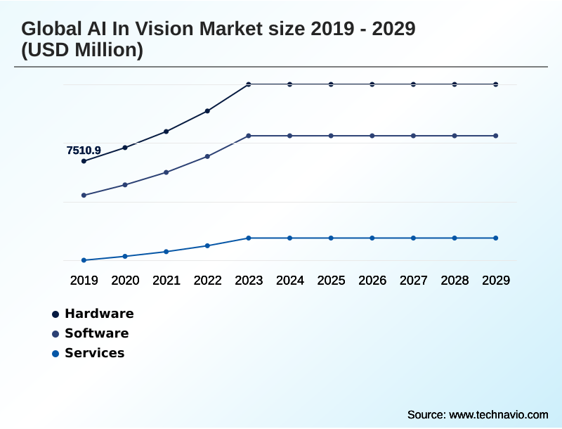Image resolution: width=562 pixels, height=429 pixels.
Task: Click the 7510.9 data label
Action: click(x=84, y=151)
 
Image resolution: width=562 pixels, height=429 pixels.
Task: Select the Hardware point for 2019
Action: click(x=84, y=161)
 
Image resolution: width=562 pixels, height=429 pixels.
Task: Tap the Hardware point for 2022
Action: click(x=207, y=111)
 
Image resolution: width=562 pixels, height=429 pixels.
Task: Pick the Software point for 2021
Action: click(x=166, y=172)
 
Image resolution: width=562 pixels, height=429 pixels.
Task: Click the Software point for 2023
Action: click(x=249, y=136)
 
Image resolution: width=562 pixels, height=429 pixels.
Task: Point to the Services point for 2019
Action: click(x=84, y=260)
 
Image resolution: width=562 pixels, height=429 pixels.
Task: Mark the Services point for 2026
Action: click(x=372, y=238)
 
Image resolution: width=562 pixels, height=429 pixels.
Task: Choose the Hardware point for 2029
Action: click(x=496, y=84)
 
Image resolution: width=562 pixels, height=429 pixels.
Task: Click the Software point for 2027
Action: click(x=414, y=136)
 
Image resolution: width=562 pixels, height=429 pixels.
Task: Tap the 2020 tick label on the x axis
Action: click(x=125, y=281)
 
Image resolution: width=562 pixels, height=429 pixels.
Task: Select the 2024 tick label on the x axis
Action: click(x=290, y=281)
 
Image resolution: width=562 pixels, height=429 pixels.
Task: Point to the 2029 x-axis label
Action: click(x=496, y=281)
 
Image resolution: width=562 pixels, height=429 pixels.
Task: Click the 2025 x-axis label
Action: click(x=331, y=281)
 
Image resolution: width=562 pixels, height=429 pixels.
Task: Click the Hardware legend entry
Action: click(x=99, y=314)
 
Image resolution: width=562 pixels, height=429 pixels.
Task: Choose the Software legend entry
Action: click(x=96, y=333)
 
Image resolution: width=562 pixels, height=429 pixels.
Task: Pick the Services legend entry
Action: click(x=94, y=353)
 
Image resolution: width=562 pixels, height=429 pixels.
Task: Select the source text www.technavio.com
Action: click(x=499, y=414)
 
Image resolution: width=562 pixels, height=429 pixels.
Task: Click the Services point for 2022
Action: click(x=207, y=245)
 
